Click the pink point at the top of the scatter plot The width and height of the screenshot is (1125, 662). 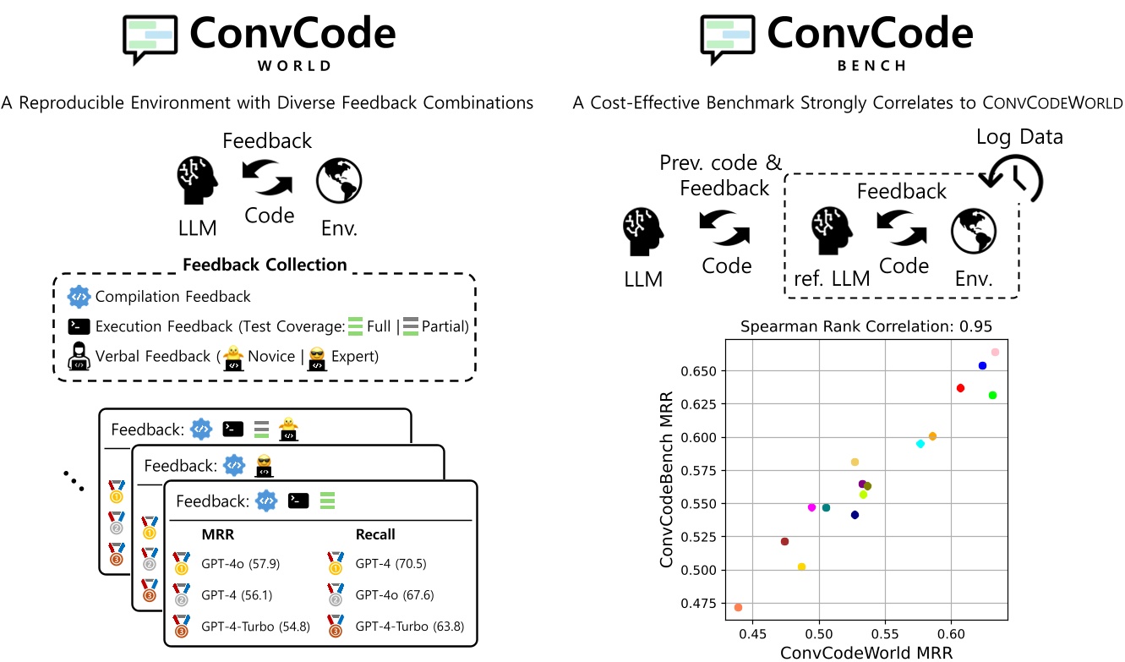(995, 352)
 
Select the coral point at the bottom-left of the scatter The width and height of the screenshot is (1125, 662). (739, 607)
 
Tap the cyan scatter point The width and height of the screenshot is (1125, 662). (920, 444)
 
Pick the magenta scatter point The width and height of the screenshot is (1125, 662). (812, 507)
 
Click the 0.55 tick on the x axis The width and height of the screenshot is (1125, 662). (885, 632)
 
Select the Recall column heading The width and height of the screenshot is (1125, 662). (375, 534)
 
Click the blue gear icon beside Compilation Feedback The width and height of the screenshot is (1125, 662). (79, 297)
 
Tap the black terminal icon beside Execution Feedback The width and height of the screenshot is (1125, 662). (79, 326)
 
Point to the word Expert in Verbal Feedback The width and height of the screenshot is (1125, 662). (354, 356)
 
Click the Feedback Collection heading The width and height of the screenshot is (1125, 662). (265, 265)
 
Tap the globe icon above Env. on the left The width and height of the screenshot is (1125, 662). (339, 180)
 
